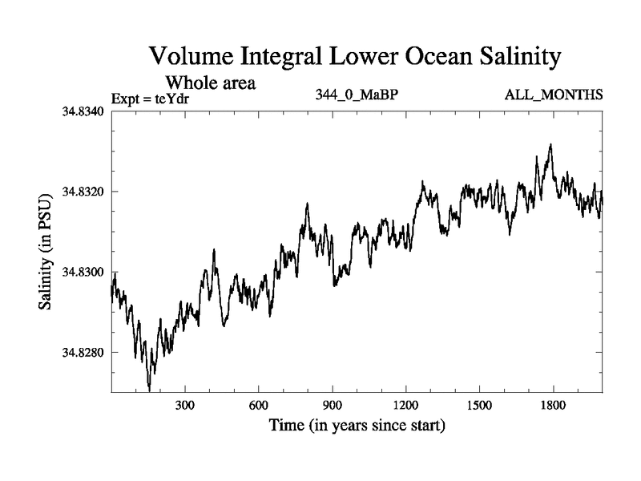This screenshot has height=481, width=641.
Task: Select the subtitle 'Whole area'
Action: tap(210, 83)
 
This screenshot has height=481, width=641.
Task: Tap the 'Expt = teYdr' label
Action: tap(155, 99)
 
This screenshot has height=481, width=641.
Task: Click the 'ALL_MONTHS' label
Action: tap(554, 95)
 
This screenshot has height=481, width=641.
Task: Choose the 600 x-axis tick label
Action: tap(259, 406)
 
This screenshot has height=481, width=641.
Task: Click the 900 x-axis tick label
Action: tap(333, 406)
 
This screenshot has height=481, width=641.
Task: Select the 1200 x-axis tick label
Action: tap(405, 406)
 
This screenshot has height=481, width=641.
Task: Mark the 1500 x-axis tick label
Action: tap(479, 406)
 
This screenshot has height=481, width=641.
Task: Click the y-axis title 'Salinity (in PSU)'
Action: tap(47, 252)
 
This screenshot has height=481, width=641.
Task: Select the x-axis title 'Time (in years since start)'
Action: tap(357, 425)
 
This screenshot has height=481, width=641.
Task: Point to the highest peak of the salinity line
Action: tap(550, 145)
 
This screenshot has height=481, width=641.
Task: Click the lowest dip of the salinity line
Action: tap(150, 390)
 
